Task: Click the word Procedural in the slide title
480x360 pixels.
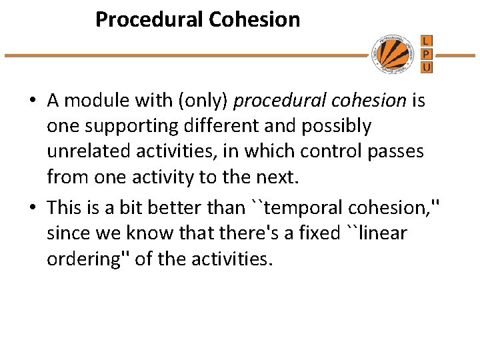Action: click(x=149, y=19)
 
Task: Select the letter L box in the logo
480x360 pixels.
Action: click(x=427, y=41)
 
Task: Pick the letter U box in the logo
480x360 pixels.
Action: click(x=427, y=67)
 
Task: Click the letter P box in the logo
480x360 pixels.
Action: click(x=427, y=54)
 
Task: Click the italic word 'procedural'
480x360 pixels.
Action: click(x=272, y=101)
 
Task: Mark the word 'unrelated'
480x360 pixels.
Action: click(x=85, y=152)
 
